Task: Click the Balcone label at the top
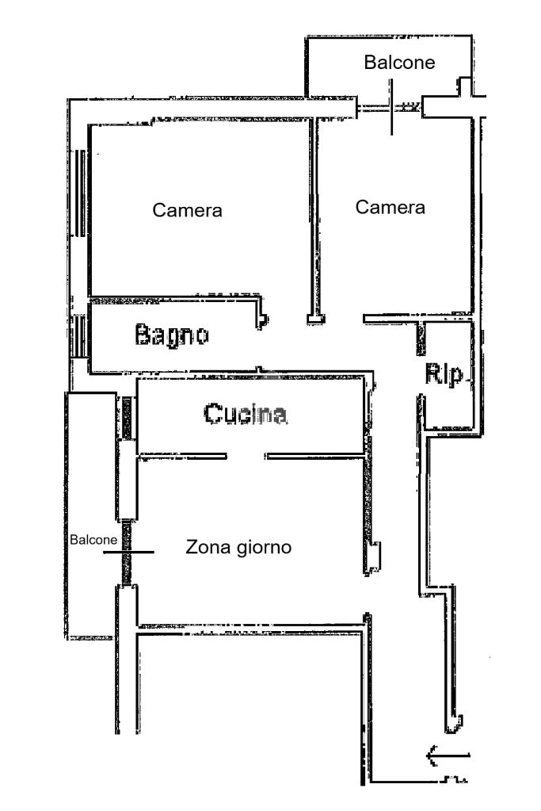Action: coord(399,63)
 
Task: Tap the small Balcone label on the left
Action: coord(93,540)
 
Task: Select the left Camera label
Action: coord(187,211)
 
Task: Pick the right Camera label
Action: coord(391,208)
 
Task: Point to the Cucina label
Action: coord(245,414)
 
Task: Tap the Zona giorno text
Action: coord(239,547)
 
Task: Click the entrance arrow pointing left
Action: coord(448,756)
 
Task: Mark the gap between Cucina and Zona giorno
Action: coord(246,456)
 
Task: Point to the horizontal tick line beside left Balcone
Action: coord(128,551)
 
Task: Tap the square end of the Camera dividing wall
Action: coord(315,319)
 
